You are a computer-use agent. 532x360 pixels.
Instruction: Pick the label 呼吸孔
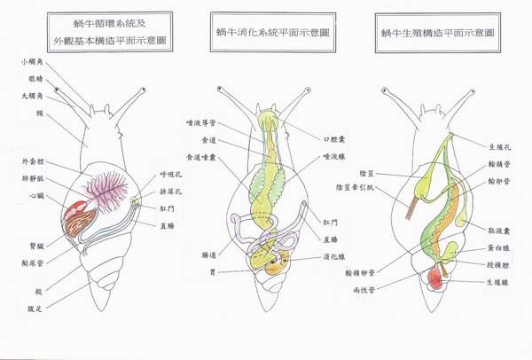tap(170, 175)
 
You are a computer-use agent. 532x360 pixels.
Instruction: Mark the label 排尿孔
tap(170, 189)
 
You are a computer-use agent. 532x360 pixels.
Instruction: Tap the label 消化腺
tap(335, 256)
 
